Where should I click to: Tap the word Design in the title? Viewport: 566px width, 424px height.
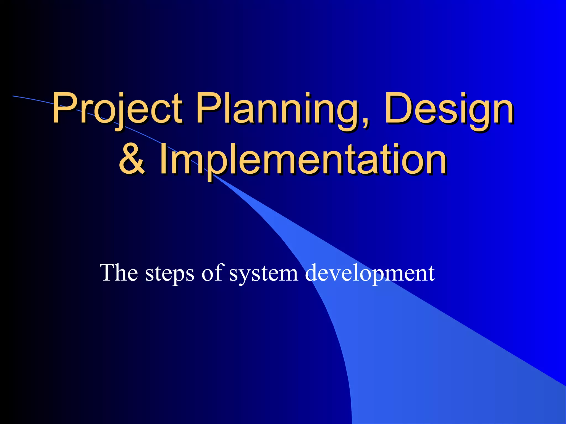pos(449,109)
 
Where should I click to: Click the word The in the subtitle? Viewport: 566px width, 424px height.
pos(119,273)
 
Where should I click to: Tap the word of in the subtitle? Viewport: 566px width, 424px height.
pos(212,273)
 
